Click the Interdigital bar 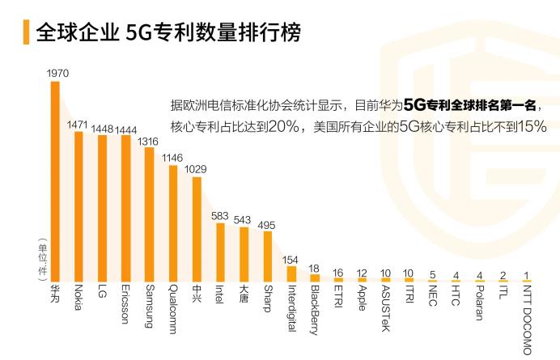tap(291, 273)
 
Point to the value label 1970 tap(57, 73)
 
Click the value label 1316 tap(148, 141)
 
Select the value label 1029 tap(196, 168)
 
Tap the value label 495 tap(267, 225)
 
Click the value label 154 tap(291, 260)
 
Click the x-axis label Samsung tap(149, 306)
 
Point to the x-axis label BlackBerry tap(315, 310)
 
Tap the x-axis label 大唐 tap(244, 292)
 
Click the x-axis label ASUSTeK tap(386, 308)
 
